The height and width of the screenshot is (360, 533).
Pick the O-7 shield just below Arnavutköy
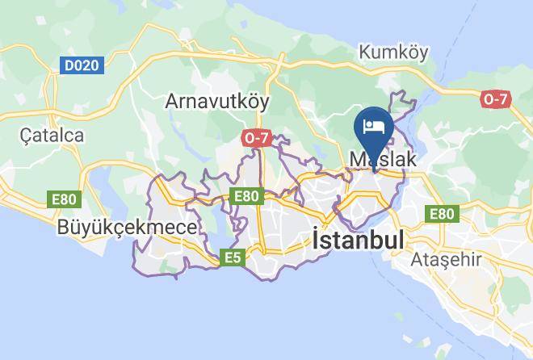(256, 138)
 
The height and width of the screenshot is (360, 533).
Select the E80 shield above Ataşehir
(442, 214)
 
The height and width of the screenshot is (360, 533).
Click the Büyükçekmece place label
(127, 228)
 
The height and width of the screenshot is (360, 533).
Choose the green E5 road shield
(233, 257)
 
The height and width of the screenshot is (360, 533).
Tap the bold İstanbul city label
(358, 241)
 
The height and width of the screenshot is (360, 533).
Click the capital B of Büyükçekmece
(64, 228)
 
